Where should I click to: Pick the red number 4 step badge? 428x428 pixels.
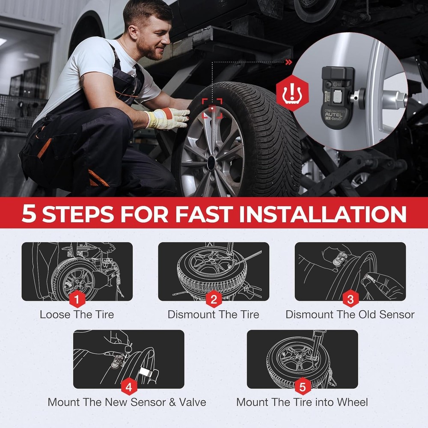tap(129, 388)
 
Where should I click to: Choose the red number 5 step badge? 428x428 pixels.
tap(302, 388)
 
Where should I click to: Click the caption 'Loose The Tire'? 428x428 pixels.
tap(77, 315)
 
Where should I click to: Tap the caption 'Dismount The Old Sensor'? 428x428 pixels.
tap(350, 315)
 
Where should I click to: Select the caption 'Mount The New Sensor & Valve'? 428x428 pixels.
tap(127, 402)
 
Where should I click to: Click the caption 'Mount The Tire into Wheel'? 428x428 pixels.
tap(302, 402)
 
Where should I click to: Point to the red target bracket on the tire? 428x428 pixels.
tap(213, 108)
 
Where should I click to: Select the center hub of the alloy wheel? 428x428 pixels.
tap(211, 163)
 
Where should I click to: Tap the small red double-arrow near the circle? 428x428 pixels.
tap(289, 62)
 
